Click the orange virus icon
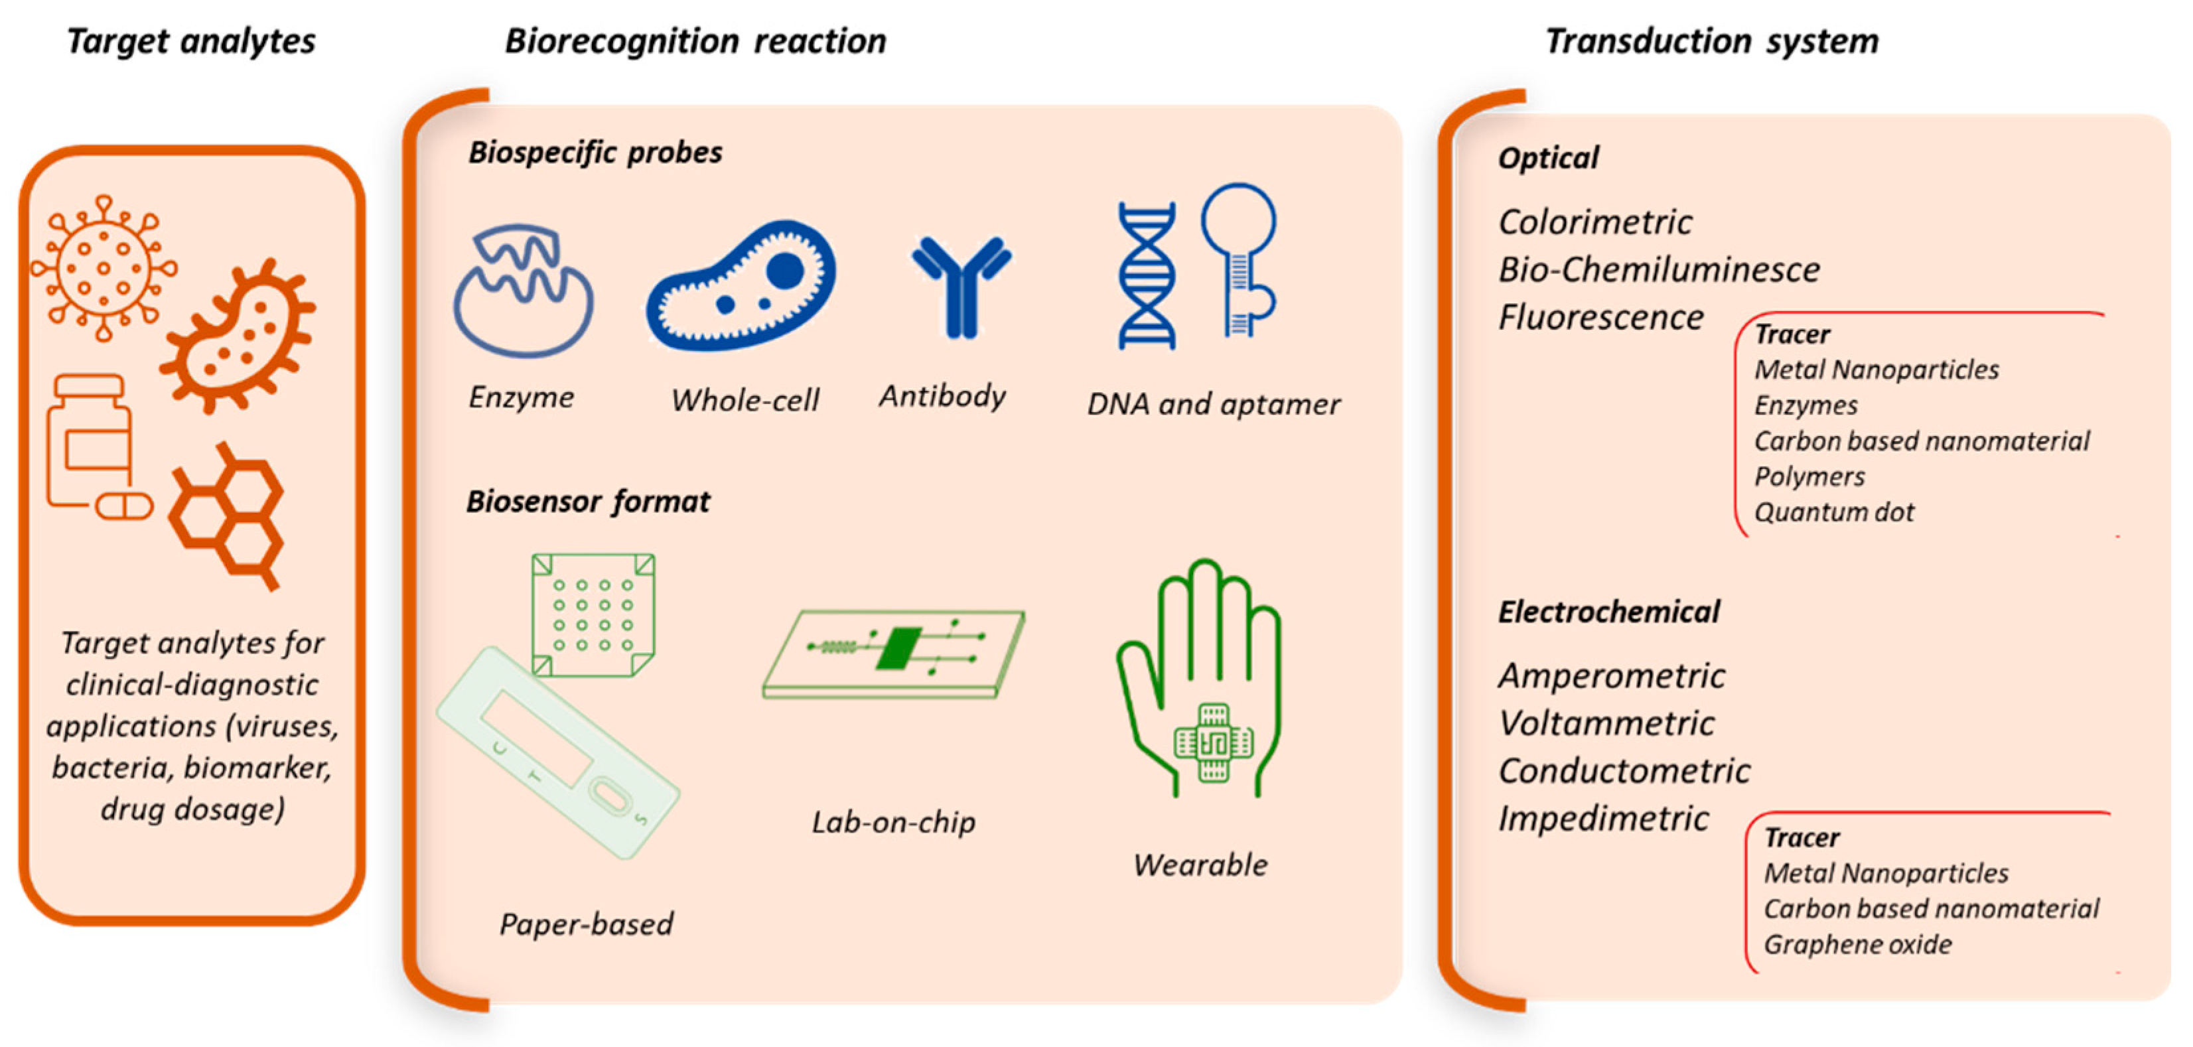(x=104, y=268)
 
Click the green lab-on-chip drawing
(x=894, y=653)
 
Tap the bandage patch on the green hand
(x=1213, y=742)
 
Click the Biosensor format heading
(x=587, y=502)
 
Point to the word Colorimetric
(x=1594, y=222)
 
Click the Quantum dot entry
(x=1834, y=512)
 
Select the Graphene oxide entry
(x=1857, y=945)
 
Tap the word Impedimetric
(x=1603, y=819)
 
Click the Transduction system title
(x=1711, y=41)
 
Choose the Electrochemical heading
(x=1608, y=612)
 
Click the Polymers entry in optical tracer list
(x=1809, y=476)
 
